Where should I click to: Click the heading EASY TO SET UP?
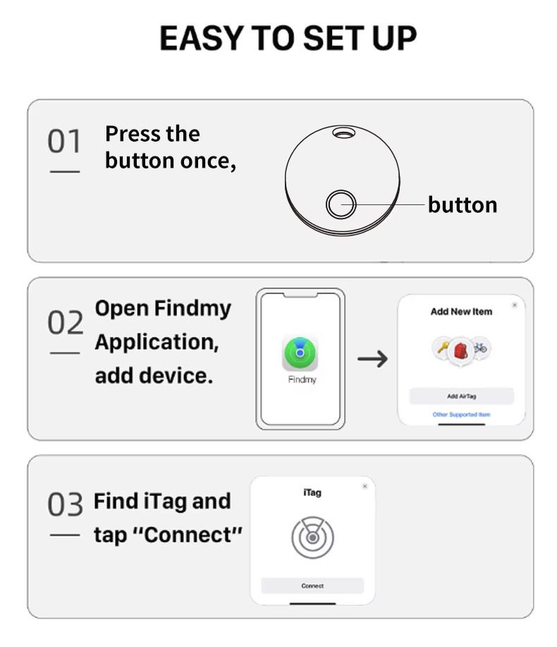click(288, 38)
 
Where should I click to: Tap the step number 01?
click(64, 141)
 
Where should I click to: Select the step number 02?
click(66, 322)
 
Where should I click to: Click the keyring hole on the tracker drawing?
click(343, 133)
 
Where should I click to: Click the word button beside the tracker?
click(463, 204)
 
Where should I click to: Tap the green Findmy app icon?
click(300, 353)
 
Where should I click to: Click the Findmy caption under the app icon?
click(302, 380)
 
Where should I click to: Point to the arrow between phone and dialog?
click(372, 359)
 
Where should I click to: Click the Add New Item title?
click(461, 312)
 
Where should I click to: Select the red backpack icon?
click(461, 351)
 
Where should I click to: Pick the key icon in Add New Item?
click(443, 347)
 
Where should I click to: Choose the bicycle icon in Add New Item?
click(479, 347)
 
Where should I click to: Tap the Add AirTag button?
click(462, 396)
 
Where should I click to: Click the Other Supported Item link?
click(461, 414)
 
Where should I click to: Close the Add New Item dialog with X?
click(515, 305)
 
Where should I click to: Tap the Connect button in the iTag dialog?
click(312, 586)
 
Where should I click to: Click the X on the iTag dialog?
click(365, 486)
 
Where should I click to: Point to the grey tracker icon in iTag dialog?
click(312, 537)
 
